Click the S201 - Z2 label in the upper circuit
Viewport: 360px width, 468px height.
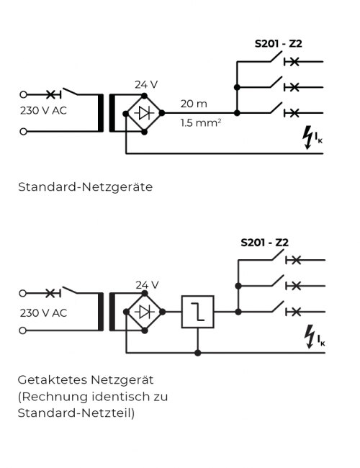pyautogui.click(x=278, y=44)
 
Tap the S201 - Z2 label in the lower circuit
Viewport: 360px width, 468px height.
pyautogui.click(x=264, y=243)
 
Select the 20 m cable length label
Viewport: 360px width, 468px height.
pyautogui.click(x=194, y=104)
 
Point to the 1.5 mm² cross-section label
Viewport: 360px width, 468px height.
pyautogui.click(x=201, y=122)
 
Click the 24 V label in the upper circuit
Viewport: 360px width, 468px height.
pyautogui.click(x=146, y=85)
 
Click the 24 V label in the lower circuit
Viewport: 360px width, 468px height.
pyautogui.click(x=147, y=285)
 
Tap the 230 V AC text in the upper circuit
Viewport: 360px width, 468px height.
pyautogui.click(x=43, y=111)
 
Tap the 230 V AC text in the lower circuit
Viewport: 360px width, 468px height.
pyautogui.click(x=43, y=313)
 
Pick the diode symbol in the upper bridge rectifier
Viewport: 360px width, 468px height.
pyautogui.click(x=144, y=114)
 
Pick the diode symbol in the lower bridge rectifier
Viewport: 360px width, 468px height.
pyautogui.click(x=145, y=312)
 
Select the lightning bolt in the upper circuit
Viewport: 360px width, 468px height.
pyautogui.click(x=307, y=138)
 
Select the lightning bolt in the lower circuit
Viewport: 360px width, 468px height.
pyautogui.click(x=310, y=336)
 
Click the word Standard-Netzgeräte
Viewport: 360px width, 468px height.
pyautogui.click(x=86, y=187)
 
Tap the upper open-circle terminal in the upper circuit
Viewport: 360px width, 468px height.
pyautogui.click(x=23, y=94)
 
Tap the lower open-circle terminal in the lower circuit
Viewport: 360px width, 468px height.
pyautogui.click(x=23, y=330)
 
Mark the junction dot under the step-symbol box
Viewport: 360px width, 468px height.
pyautogui.click(x=197, y=353)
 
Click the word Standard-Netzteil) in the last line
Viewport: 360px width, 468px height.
pyautogui.click(x=76, y=413)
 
